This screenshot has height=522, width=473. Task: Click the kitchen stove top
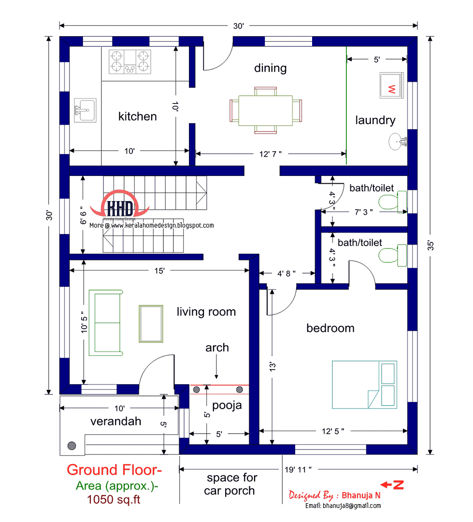pyautogui.click(x=130, y=61)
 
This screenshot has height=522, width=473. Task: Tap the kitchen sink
pyautogui.click(x=85, y=110)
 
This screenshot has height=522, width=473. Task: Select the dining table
pyautogui.click(x=266, y=111)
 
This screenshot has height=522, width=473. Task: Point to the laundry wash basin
pyautogui.click(x=398, y=142)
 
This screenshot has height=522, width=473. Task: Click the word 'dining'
pyautogui.click(x=270, y=68)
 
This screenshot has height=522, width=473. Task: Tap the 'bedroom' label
pyautogui.click(x=330, y=328)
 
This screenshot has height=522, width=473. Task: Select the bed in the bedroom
pyautogui.click(x=364, y=385)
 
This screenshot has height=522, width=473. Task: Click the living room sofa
pyautogui.click(x=106, y=323)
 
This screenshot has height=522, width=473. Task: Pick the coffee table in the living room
pyautogui.click(x=151, y=323)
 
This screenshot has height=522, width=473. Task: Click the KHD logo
pyautogui.click(x=119, y=205)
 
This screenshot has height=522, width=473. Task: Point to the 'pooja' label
pyautogui.click(x=227, y=406)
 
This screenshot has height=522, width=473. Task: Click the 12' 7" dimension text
pyautogui.click(x=270, y=154)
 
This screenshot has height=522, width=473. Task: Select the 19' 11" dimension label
pyautogui.click(x=298, y=470)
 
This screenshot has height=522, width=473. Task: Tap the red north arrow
pyautogui.click(x=392, y=485)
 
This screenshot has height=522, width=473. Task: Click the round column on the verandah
pyautogui.click(x=72, y=446)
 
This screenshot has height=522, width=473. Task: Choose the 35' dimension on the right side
pyautogui.click(x=430, y=246)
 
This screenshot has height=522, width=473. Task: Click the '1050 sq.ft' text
pyautogui.click(x=114, y=499)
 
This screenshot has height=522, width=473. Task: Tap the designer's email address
pyautogui.click(x=343, y=506)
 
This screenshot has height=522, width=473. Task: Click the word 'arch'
pyautogui.click(x=217, y=348)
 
